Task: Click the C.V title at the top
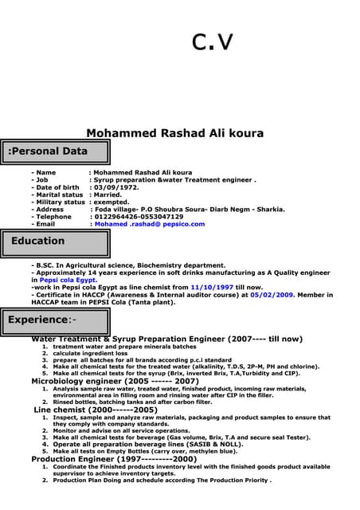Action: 213,41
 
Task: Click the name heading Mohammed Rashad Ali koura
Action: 174,134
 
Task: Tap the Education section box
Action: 55,241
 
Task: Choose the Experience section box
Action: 55,320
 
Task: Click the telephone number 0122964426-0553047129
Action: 139,216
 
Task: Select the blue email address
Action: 149,224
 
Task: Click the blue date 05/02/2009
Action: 272,295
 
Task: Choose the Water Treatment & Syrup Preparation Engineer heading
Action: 166,339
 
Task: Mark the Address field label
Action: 49,209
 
